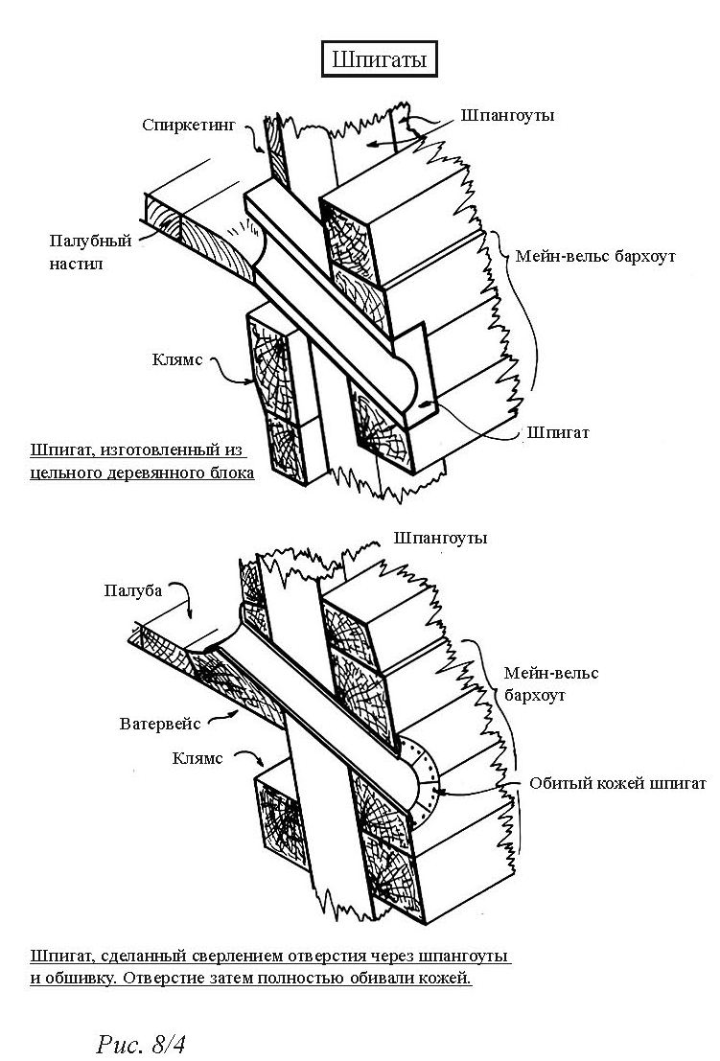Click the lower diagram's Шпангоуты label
coord(440,538)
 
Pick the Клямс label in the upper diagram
coord(177,361)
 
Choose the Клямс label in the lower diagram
coord(197,758)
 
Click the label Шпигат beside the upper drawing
coord(557,432)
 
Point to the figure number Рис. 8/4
coord(141,1043)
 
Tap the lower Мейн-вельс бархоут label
coord(550,683)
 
